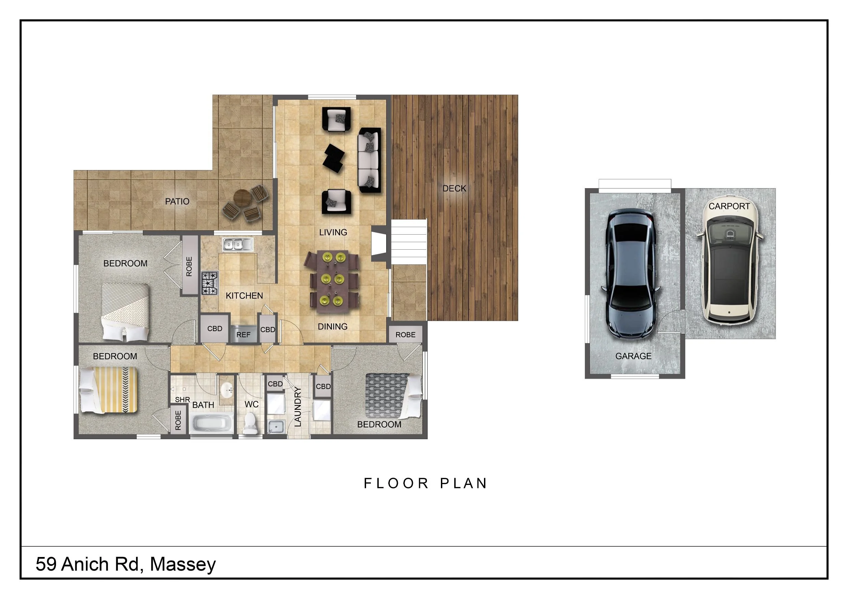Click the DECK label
(x=454, y=189)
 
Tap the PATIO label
(x=177, y=201)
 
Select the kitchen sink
(x=238, y=244)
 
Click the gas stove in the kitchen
(x=210, y=283)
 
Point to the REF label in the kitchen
(x=243, y=335)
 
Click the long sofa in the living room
(x=369, y=160)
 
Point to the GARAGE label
(x=633, y=356)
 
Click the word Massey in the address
(x=183, y=564)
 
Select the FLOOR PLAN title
(x=426, y=483)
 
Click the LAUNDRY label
(x=298, y=407)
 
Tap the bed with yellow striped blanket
(x=109, y=390)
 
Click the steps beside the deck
(x=409, y=241)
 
